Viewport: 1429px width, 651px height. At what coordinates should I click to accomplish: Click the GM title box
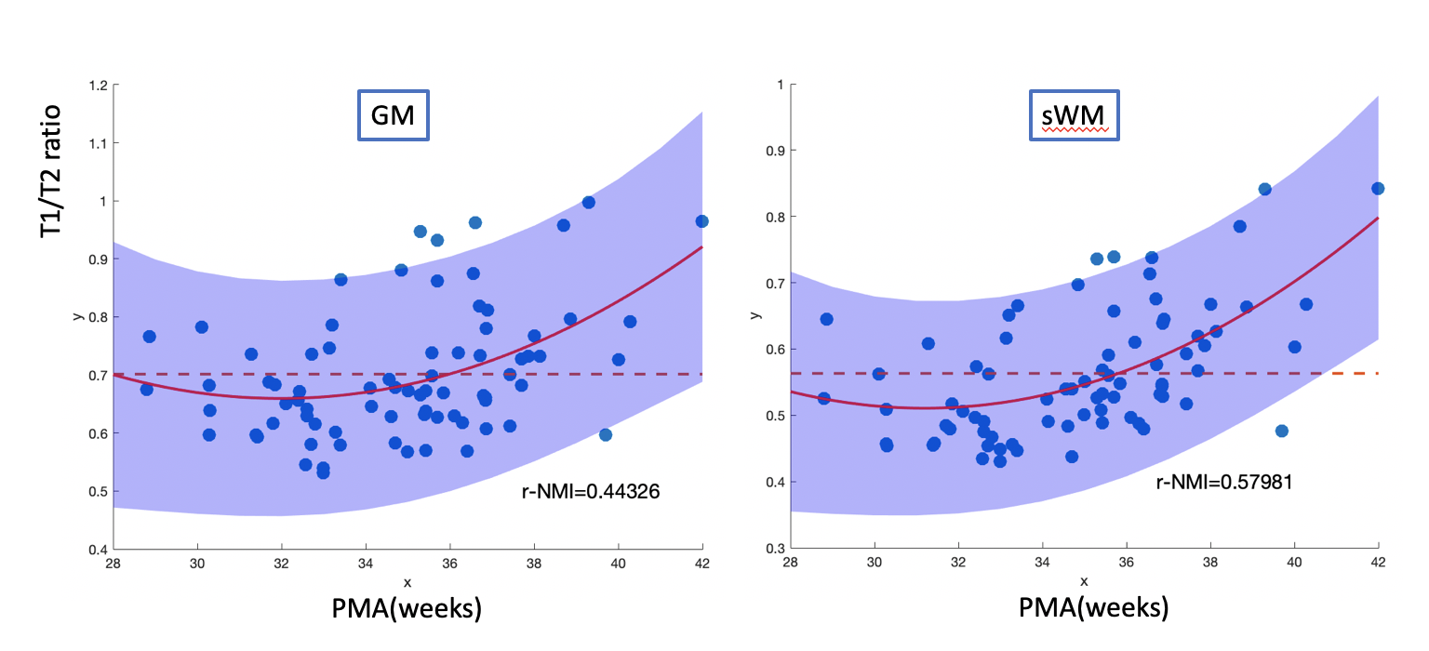(394, 116)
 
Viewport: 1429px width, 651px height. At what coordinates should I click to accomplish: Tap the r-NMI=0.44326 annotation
(590, 492)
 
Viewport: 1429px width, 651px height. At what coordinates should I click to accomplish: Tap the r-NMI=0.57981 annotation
(1224, 482)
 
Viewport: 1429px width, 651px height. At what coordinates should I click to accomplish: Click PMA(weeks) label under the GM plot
(407, 609)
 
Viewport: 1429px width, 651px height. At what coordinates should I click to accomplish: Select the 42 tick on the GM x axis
(701, 563)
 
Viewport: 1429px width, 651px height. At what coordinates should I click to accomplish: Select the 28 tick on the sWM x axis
(790, 563)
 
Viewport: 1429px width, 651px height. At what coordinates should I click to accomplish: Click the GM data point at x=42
(701, 221)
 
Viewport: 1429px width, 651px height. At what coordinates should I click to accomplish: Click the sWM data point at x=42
(1378, 189)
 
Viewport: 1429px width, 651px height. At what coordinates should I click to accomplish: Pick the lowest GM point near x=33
(323, 472)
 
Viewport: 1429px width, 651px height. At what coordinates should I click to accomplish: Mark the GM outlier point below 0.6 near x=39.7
(606, 434)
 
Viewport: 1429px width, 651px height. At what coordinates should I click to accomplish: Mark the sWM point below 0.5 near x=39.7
(1281, 431)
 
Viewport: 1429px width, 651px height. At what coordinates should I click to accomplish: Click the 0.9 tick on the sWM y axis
(770, 151)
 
